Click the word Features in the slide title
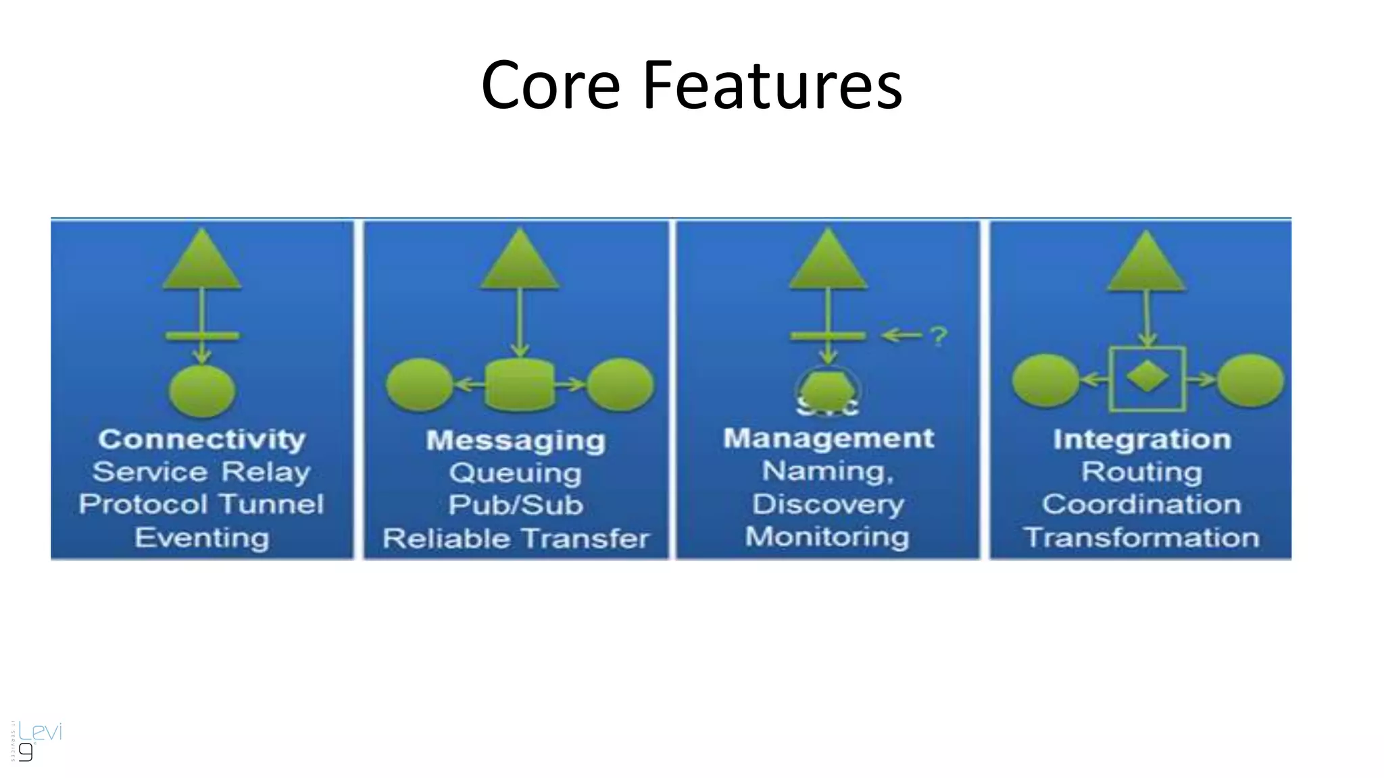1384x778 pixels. (772, 85)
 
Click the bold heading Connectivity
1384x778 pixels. (202, 439)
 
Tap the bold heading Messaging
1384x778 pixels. (516, 440)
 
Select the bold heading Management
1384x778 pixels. (829, 438)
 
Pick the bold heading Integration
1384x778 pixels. (1142, 440)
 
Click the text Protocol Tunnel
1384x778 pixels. (201, 504)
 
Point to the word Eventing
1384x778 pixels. (202, 538)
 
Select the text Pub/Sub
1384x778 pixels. (516, 505)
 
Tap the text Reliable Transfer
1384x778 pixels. (516, 538)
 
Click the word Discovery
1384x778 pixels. (829, 504)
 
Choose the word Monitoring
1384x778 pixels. (828, 537)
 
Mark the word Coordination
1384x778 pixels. (1141, 504)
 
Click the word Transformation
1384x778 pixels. (1141, 538)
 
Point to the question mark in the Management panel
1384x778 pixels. (939, 336)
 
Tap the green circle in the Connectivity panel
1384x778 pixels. (202, 390)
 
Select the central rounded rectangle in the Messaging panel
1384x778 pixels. (520, 385)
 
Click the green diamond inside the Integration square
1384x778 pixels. (1147, 377)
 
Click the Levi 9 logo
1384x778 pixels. (37, 740)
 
